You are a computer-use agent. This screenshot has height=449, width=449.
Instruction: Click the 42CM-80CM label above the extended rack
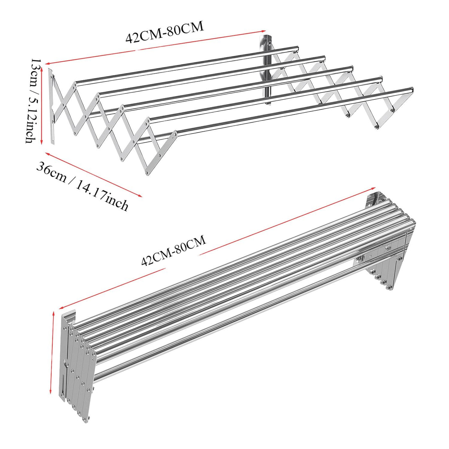165,32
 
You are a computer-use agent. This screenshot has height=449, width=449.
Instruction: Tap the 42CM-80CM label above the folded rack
174,250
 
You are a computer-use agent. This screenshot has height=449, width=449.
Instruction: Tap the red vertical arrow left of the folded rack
52,353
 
